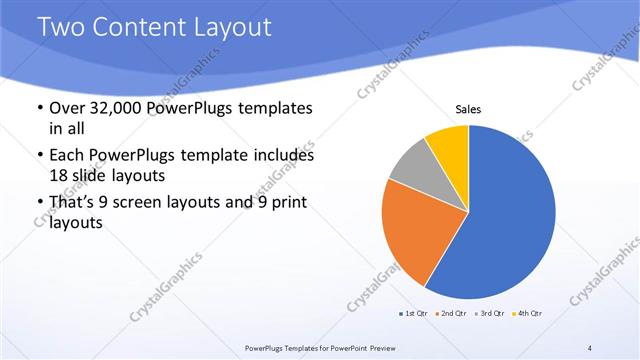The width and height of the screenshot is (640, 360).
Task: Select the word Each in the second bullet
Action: (x=68, y=156)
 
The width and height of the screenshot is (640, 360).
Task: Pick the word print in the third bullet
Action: (x=286, y=203)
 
